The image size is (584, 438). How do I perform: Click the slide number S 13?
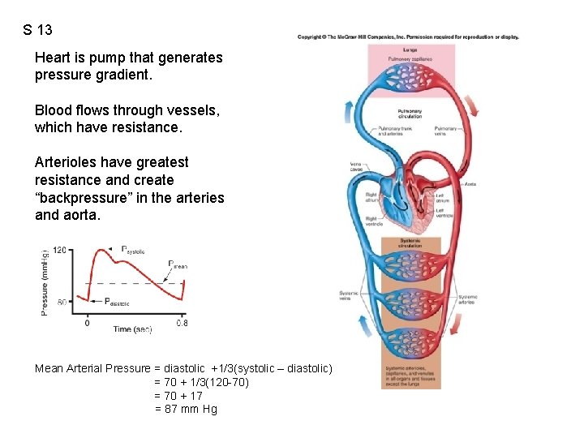38,30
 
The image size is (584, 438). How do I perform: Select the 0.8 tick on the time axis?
182,323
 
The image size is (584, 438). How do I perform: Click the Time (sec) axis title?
132,329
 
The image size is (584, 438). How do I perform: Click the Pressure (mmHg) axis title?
45,281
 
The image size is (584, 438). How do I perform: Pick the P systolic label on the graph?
132,251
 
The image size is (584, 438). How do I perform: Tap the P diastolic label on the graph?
117,302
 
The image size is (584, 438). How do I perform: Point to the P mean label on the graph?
177,264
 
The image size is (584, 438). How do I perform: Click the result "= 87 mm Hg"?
186,410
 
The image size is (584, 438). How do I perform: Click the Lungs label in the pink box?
410,50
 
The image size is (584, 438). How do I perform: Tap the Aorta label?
470,184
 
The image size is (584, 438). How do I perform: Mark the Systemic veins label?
348,296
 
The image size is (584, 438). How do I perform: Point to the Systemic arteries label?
468,300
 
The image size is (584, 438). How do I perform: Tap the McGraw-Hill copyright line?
408,36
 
